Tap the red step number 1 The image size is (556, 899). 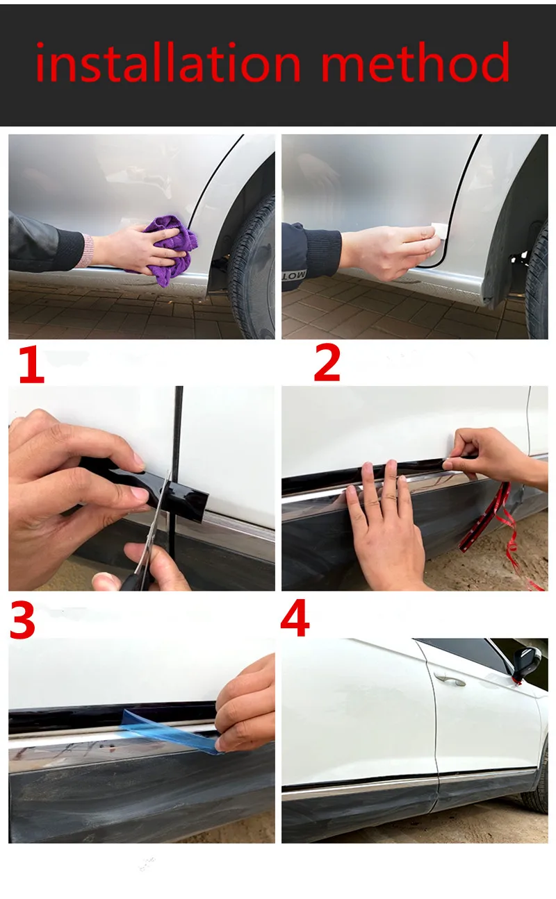[31, 365]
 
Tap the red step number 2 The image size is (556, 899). [327, 362]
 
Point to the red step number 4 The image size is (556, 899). [295, 617]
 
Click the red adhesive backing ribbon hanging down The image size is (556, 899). [502, 534]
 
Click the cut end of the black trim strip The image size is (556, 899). [203, 507]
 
